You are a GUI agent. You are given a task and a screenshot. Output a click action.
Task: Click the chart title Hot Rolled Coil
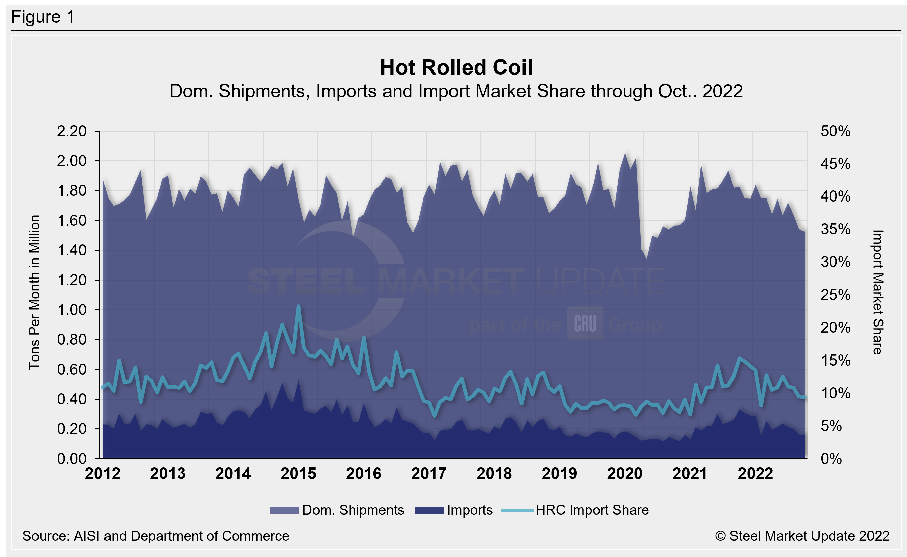(x=456, y=67)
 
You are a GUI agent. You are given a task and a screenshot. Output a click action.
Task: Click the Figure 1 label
(x=43, y=17)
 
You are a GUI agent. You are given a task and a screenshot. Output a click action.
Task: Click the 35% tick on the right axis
(x=835, y=229)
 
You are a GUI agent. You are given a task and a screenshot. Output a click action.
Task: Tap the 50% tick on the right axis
(x=835, y=131)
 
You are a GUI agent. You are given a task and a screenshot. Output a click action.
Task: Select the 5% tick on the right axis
(x=831, y=426)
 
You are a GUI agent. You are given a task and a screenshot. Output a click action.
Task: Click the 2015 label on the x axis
(x=298, y=473)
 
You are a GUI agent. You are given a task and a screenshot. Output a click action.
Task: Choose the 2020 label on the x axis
(x=624, y=473)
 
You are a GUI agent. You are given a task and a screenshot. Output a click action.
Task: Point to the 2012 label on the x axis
(x=102, y=473)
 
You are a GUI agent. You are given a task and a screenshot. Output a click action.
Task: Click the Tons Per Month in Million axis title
(x=34, y=292)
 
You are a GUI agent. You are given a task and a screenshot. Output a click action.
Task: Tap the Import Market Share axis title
(x=878, y=292)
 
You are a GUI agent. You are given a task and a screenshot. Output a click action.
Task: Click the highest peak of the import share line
(x=298, y=306)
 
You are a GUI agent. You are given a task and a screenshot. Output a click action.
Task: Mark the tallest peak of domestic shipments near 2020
(x=625, y=154)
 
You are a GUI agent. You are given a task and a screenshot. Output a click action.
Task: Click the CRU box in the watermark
(x=585, y=323)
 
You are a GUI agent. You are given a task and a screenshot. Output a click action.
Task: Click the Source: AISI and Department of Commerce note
(x=155, y=536)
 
